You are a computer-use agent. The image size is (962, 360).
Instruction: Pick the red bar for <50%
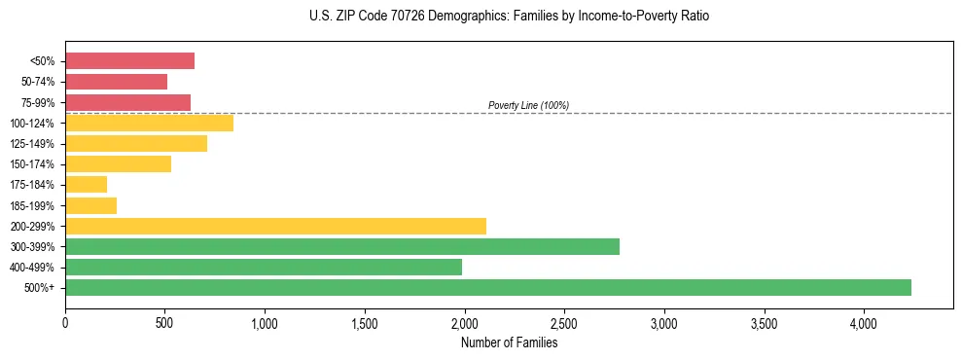pos(129,61)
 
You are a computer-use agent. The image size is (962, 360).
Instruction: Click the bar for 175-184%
pos(86,184)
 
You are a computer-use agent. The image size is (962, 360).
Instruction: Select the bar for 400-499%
pos(264,267)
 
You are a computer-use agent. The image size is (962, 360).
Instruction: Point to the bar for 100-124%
pos(149,123)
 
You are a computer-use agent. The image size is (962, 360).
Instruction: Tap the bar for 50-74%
pos(116,82)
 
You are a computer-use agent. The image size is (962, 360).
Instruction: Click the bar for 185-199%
pos(90,205)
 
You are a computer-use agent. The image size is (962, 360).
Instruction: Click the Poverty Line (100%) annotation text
pos(528,105)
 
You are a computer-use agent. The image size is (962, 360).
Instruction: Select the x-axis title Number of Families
pos(509,342)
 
